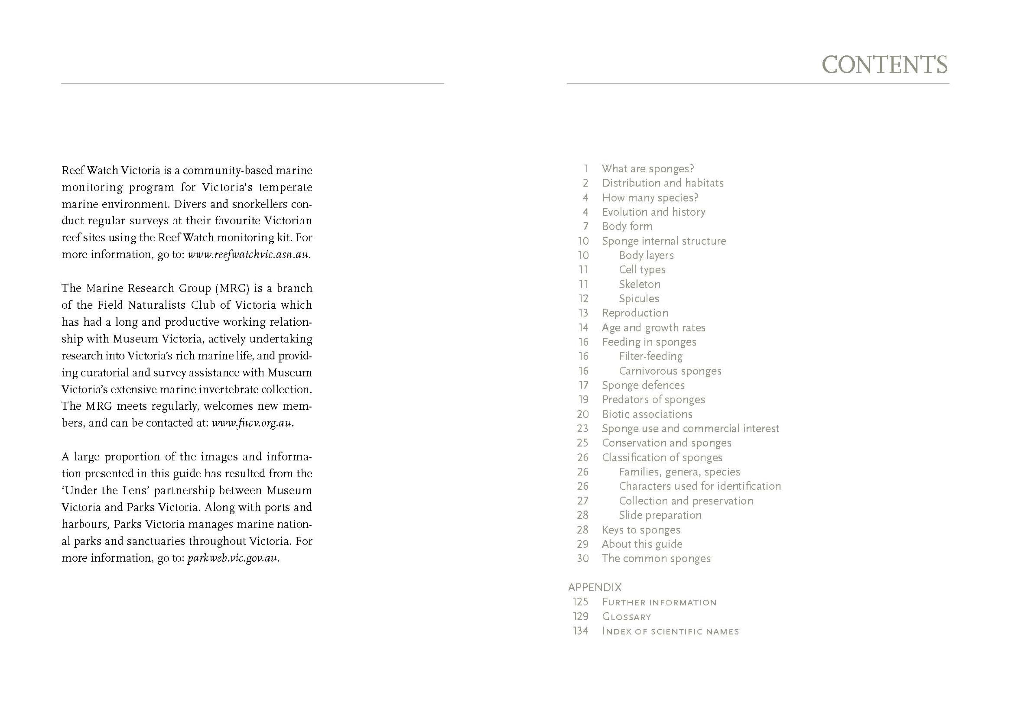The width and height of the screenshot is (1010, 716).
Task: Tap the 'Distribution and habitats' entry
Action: [662, 183]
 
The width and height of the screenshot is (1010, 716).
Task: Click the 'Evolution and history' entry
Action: [653, 212]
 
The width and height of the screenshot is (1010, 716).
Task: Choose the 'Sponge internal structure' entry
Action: [664, 241]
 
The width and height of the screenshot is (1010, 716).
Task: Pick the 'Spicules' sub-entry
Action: [639, 299]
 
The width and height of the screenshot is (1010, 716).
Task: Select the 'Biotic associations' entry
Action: [647, 414]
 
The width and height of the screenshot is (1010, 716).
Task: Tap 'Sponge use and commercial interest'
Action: [690, 428]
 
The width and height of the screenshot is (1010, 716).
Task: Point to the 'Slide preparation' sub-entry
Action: [660, 515]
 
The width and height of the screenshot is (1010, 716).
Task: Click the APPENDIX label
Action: [595, 588]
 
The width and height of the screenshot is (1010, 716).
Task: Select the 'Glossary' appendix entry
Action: [626, 617]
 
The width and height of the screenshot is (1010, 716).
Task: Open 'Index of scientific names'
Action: [670, 631]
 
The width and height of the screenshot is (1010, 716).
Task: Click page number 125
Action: [580, 602]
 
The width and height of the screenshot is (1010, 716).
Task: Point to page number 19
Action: [583, 400]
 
